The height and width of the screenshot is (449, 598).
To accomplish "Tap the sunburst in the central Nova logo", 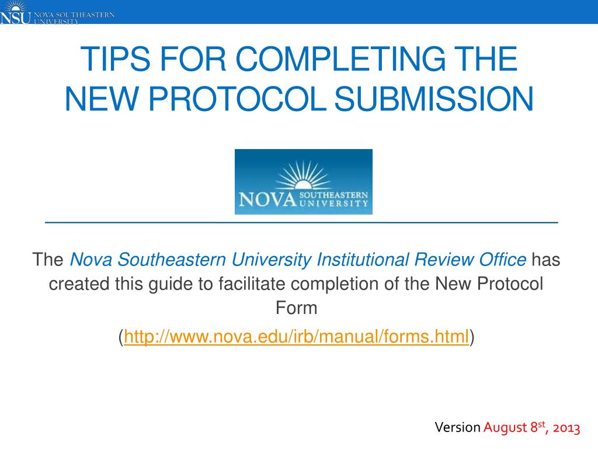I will tap(303, 173).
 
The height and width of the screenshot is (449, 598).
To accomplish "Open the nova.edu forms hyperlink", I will tap(297, 337).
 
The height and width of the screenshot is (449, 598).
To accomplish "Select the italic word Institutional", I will tap(363, 260).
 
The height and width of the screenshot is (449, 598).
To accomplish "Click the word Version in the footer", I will tap(457, 427).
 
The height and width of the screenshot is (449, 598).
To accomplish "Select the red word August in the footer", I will tap(506, 427).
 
